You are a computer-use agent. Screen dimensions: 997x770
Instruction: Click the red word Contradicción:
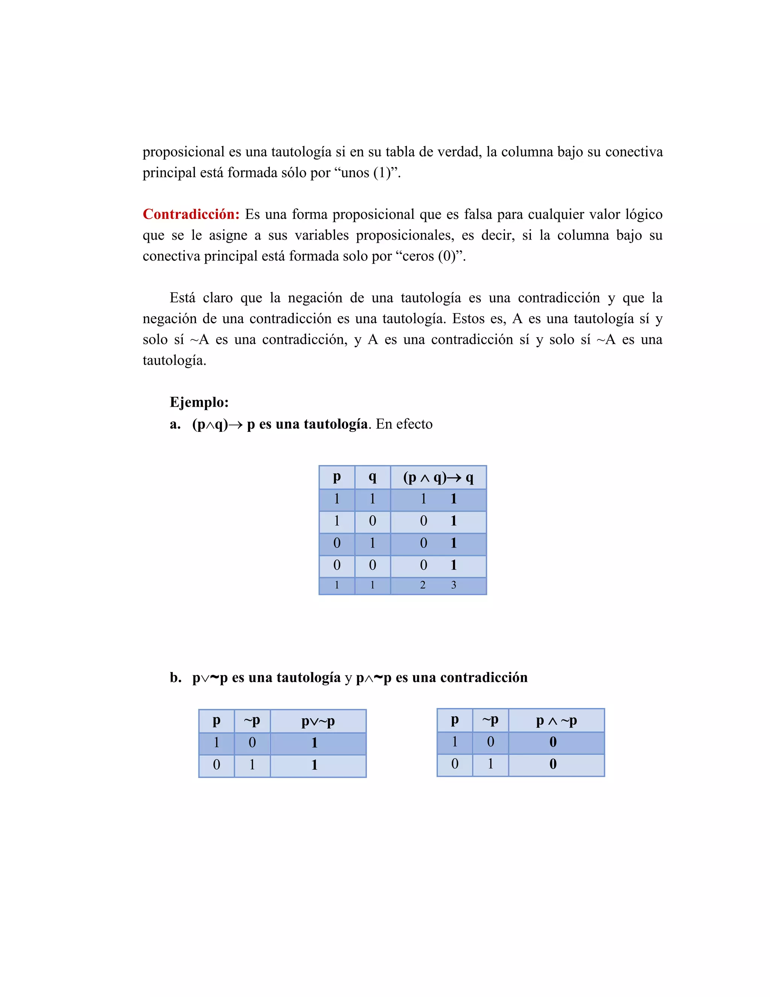coord(191,214)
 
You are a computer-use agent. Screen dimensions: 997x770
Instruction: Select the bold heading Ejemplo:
coord(199,402)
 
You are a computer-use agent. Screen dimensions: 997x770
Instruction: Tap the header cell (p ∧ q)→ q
coord(438,477)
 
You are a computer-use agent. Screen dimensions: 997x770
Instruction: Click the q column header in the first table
coord(372,477)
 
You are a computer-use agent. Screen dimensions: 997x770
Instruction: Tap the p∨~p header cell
coord(318,721)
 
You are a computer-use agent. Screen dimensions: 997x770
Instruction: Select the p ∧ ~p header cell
coord(556,721)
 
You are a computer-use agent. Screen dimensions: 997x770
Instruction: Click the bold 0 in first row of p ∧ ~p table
coord(553,742)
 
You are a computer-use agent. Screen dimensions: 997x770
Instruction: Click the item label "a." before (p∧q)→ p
coord(175,424)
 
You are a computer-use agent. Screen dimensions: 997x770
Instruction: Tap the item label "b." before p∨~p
coord(176,678)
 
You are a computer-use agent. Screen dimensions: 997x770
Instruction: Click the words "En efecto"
coord(404,424)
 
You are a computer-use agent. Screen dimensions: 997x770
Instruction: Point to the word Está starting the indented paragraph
coord(182,298)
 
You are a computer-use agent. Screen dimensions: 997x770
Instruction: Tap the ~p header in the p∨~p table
coord(252,721)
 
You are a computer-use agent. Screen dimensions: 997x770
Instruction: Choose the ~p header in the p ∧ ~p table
coord(490,720)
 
